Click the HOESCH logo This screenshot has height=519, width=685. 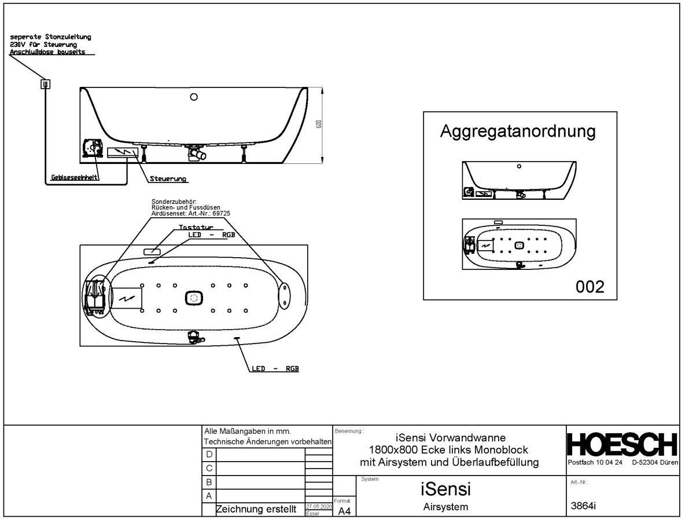pyautogui.click(x=622, y=445)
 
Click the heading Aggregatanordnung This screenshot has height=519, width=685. pyautogui.click(x=518, y=131)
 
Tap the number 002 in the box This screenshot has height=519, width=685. pyautogui.click(x=590, y=286)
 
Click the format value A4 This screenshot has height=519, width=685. pyautogui.click(x=344, y=510)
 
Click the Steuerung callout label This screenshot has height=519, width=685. pyautogui.click(x=168, y=179)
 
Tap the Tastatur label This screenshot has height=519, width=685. pyautogui.click(x=196, y=228)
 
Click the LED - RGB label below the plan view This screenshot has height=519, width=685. pyautogui.click(x=275, y=368)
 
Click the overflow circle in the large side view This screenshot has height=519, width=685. pyautogui.click(x=194, y=97)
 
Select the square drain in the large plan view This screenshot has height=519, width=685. pyautogui.click(x=194, y=298)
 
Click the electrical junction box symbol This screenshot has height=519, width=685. pyautogui.click(x=45, y=84)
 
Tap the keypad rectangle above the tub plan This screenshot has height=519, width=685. pyautogui.click(x=152, y=252)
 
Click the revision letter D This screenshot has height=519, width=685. pyautogui.click(x=209, y=454)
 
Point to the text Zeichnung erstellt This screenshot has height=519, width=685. pyautogui.click(x=256, y=510)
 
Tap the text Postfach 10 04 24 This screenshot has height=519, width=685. pyautogui.click(x=595, y=463)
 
